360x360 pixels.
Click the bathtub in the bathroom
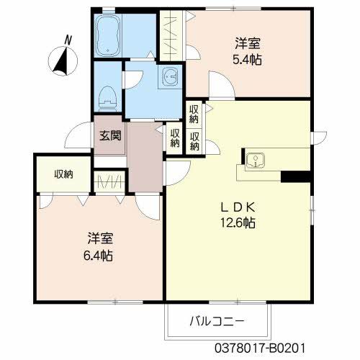coord(108,36)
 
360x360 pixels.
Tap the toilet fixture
coord(108,99)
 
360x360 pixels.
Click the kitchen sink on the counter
coord(256,160)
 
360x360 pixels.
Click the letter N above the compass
coord(68,40)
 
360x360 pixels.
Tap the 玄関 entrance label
coord(110,135)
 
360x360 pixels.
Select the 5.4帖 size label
coord(247,60)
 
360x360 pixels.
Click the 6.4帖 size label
coord(98,256)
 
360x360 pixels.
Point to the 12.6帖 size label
coord(238,223)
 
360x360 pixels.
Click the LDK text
coord(238,207)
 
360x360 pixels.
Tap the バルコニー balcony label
coord(217,321)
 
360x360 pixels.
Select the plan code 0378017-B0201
coord(260,348)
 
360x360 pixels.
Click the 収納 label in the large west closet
coord(63,174)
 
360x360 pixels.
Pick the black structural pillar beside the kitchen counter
coord(296,176)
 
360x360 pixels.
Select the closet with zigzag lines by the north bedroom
coord(171,35)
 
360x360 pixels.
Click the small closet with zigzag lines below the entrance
coord(109,182)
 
